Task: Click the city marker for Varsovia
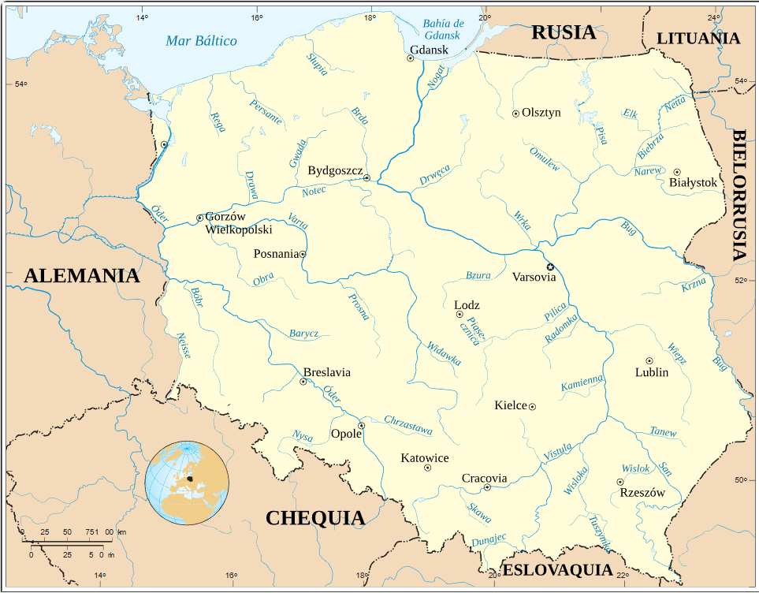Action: (x=551, y=267)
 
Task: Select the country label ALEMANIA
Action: (x=81, y=276)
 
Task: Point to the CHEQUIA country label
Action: (x=315, y=518)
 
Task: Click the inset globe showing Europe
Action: (x=187, y=483)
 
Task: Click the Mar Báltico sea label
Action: (x=201, y=40)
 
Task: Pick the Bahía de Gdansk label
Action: (x=444, y=29)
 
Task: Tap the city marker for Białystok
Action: (x=676, y=172)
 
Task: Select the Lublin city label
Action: (x=652, y=372)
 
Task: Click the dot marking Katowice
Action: (x=428, y=468)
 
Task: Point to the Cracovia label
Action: (x=484, y=478)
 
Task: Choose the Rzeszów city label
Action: (x=642, y=493)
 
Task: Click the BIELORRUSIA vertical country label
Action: (x=740, y=195)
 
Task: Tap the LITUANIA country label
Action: (x=698, y=38)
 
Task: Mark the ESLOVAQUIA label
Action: (x=557, y=570)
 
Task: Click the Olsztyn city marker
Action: (x=515, y=114)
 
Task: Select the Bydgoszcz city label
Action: (x=335, y=170)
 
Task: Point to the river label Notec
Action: (x=314, y=191)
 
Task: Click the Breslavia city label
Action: (x=326, y=372)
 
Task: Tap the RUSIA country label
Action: (x=563, y=32)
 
